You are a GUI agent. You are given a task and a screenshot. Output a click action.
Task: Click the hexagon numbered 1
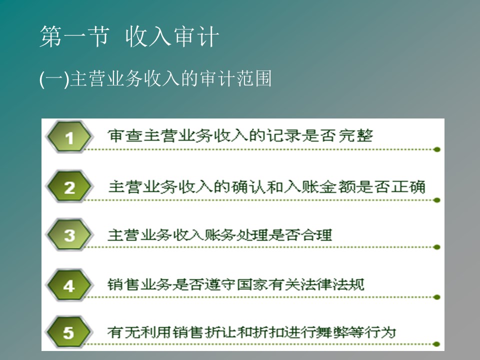69,137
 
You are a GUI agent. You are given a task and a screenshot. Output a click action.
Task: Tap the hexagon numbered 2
69,186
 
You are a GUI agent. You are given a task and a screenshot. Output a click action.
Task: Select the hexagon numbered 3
69,235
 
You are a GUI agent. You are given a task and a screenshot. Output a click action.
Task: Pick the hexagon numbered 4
69,284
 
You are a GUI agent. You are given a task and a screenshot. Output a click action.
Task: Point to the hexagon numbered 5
69,332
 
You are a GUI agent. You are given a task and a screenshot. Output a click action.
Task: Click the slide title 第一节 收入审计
129,36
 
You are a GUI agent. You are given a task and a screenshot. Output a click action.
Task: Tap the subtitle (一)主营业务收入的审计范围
155,78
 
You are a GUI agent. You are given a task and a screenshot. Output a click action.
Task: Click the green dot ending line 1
437,149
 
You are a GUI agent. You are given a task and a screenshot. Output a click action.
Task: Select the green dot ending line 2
437,200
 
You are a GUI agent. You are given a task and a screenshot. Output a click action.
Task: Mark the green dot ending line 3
437,247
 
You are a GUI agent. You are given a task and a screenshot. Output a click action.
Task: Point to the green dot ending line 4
437,297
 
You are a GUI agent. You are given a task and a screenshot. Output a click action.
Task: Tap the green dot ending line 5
437,344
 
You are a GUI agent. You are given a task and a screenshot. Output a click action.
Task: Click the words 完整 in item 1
355,135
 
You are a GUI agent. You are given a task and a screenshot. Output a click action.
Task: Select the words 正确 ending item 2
408,186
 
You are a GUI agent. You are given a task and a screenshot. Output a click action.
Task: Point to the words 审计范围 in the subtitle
235,78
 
